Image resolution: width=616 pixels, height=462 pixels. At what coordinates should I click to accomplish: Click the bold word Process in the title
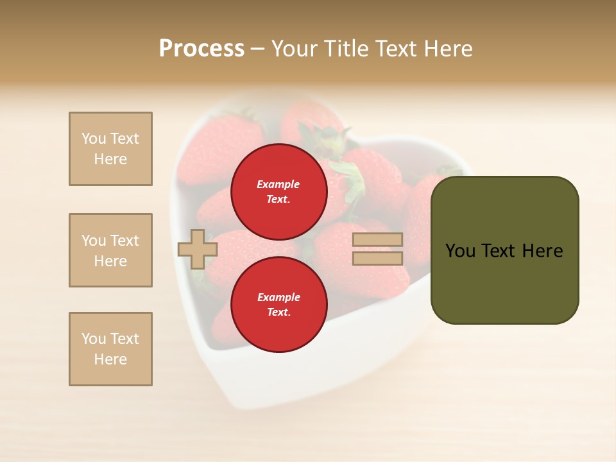coord(201,49)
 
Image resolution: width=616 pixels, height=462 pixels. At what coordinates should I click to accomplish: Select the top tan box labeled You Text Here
coord(110,149)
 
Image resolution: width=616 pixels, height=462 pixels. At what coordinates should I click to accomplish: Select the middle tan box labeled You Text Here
coord(110,250)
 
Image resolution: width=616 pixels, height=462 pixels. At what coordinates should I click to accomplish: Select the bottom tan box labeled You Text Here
coord(110,349)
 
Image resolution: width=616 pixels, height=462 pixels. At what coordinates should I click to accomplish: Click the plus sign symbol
coord(198,249)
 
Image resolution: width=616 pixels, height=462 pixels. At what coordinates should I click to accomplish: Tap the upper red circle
coord(279,191)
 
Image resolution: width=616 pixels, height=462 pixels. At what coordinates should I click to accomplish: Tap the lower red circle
coord(279,304)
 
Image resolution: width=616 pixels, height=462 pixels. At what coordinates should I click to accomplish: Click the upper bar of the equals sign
coord(377,240)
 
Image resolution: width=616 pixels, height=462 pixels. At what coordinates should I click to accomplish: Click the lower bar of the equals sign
coord(377,258)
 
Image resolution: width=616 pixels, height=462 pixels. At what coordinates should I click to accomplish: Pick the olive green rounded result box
coord(504,250)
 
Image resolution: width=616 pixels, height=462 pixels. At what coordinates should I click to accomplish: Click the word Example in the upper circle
coord(278,184)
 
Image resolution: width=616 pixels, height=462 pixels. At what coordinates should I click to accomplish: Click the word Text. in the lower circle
coord(278,312)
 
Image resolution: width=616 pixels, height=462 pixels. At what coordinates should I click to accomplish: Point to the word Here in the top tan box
coord(110,159)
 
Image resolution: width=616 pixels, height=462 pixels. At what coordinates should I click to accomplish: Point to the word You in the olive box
coord(460,251)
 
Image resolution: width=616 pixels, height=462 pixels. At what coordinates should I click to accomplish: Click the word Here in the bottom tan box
coord(110,359)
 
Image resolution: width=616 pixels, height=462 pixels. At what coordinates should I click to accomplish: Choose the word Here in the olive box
coord(543,251)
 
